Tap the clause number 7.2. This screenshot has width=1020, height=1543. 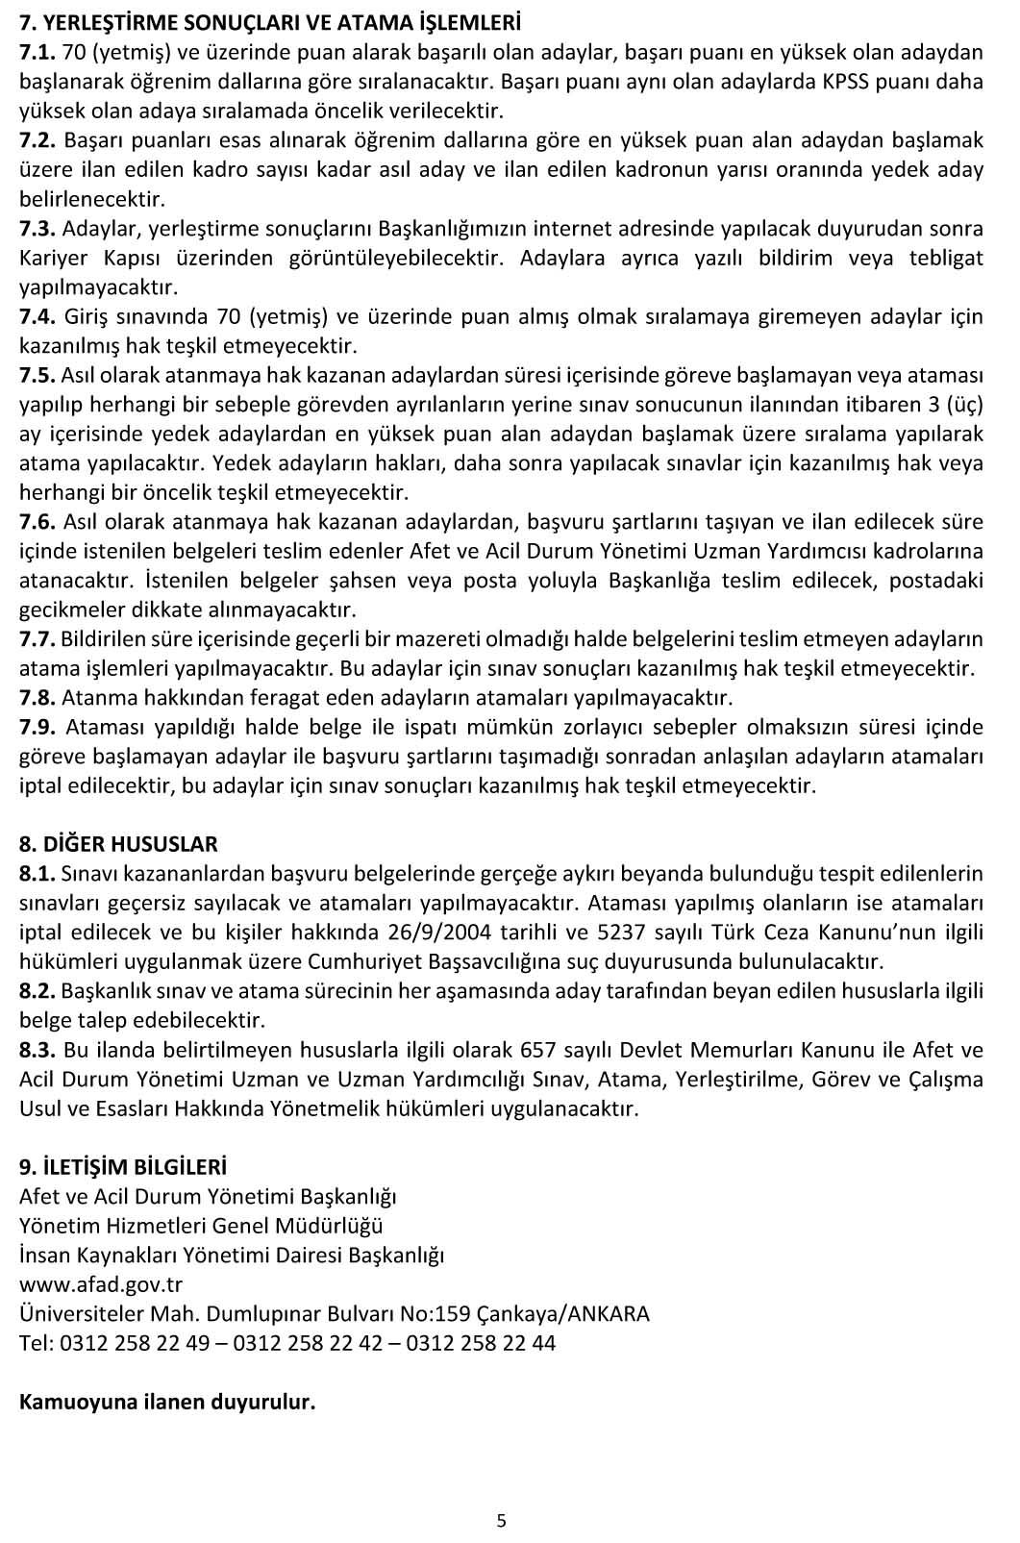[37, 140]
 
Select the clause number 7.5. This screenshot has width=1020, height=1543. [37, 375]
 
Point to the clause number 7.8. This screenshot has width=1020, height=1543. [37, 697]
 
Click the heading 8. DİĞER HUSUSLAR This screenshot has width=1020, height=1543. [118, 844]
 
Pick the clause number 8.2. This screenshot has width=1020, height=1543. [37, 991]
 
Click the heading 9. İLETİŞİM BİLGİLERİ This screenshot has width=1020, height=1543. [123, 1167]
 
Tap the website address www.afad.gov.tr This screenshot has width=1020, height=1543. [101, 1284]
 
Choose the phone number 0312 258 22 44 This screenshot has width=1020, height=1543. [481, 1343]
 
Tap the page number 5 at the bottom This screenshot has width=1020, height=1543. [501, 1521]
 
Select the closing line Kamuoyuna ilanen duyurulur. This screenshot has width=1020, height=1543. [167, 1402]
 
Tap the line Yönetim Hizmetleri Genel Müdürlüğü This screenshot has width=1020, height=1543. [201, 1226]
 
